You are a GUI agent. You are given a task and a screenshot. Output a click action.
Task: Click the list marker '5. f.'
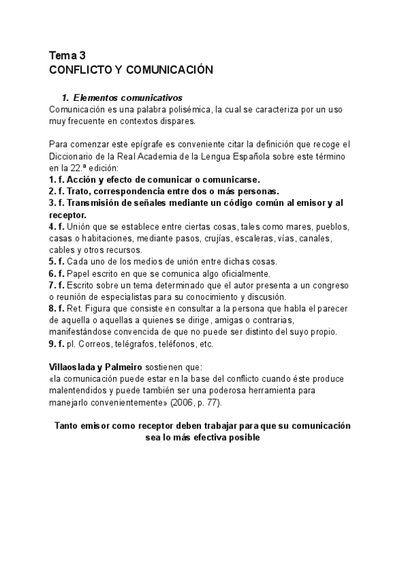(x=58, y=262)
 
